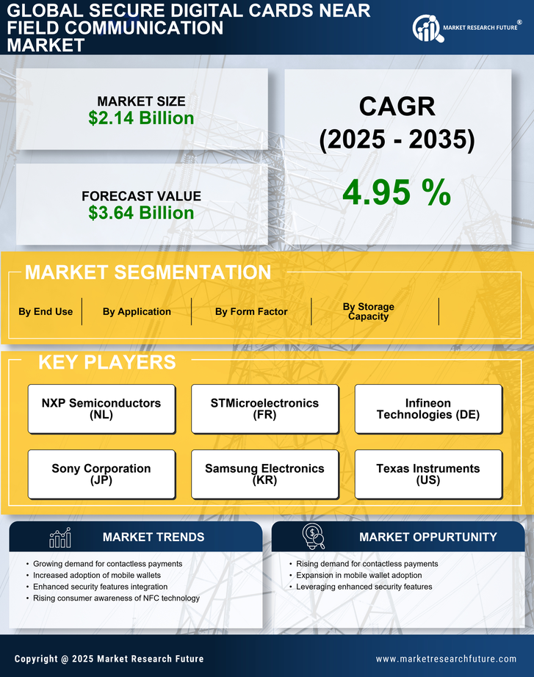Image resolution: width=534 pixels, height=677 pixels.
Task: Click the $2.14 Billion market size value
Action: [141, 118]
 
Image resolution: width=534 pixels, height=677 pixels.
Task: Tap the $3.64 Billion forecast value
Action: [141, 213]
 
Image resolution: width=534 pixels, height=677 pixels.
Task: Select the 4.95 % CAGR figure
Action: [397, 192]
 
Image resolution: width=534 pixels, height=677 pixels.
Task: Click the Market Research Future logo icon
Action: [427, 28]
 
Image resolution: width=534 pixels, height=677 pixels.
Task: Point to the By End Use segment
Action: [46, 311]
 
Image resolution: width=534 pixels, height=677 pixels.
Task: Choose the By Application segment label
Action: [137, 311]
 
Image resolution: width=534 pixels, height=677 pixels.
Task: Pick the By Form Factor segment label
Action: [251, 311]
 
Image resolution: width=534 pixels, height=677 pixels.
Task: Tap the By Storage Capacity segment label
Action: [368, 311]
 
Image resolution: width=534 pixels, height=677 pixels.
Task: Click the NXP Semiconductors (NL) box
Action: [101, 409]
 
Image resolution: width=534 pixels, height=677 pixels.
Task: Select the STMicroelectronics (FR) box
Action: [264, 409]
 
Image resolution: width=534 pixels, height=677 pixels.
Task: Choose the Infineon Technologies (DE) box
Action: [428, 409]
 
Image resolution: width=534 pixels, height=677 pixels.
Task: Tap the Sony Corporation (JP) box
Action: [101, 474]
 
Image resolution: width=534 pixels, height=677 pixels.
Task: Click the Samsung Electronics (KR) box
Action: [264, 474]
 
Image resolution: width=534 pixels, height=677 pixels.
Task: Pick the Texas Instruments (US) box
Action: [428, 474]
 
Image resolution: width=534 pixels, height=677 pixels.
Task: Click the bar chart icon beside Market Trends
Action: [60, 537]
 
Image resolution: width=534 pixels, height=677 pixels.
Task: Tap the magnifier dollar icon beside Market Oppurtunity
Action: [314, 537]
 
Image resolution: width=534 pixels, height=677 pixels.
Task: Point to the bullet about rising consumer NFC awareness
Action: [116, 598]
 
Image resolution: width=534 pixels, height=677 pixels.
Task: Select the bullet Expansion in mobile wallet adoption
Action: [358, 575]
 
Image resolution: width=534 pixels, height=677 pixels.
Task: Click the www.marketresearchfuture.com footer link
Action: [446, 659]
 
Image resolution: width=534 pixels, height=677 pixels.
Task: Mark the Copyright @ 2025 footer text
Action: [109, 659]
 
